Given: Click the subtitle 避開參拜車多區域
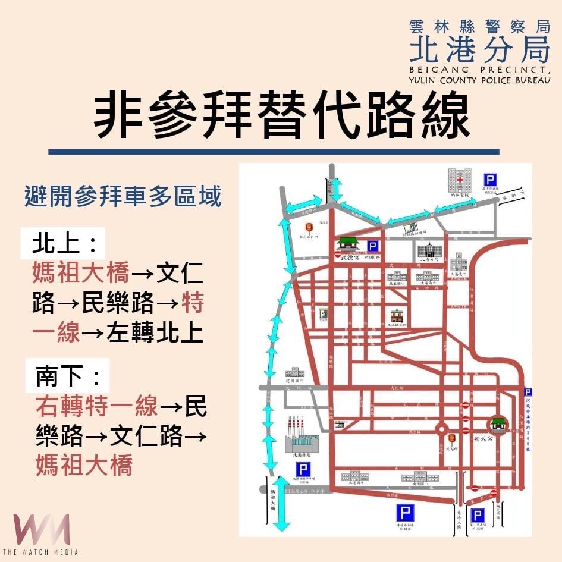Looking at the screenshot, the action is click(123, 196).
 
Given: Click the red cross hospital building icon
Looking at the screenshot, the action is click(460, 180).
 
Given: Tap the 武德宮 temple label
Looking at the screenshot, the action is click(348, 258).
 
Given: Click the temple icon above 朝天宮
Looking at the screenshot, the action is click(498, 423).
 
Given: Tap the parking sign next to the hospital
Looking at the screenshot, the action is click(490, 179).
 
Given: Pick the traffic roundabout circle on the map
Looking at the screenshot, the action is click(442, 429).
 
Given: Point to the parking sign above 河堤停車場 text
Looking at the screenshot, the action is click(528, 391).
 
